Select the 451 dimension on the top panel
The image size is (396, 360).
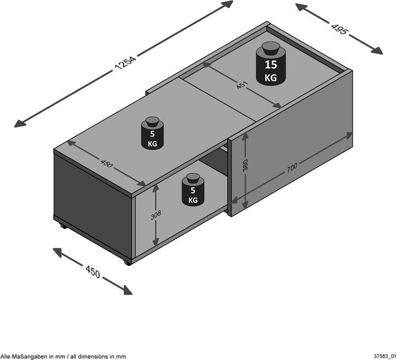click(x=243, y=86)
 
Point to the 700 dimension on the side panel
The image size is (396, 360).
click(x=294, y=168)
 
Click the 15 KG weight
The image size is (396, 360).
click(x=271, y=65)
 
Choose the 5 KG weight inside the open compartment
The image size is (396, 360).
click(x=193, y=191)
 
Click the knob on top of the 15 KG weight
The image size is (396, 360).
click(x=271, y=48)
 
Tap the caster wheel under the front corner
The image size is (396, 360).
click(x=128, y=263)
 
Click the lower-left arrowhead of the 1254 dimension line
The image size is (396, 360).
click(x=20, y=122)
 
